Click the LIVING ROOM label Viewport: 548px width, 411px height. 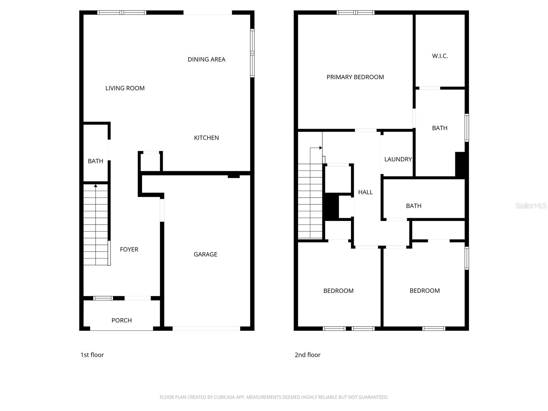point(125,88)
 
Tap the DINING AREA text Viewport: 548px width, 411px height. point(206,60)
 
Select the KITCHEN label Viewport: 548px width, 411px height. point(206,138)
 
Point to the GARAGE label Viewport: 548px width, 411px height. point(206,254)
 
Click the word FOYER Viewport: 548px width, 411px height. point(129,249)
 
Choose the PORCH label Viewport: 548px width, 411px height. point(122,320)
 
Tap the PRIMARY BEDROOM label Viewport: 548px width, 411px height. point(355,77)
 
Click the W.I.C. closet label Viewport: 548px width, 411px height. point(440,56)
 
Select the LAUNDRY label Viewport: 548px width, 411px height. point(398,159)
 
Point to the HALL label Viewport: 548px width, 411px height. point(365,192)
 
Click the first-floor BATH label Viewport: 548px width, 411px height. point(96,161)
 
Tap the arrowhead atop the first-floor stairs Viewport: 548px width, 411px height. point(96,186)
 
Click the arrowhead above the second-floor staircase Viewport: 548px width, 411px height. point(321,148)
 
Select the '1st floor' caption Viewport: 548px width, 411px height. point(92,355)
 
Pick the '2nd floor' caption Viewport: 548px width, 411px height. point(308,355)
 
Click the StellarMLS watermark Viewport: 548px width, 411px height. point(531,206)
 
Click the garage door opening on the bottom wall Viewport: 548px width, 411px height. point(206,328)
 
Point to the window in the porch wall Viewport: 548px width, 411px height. point(103,298)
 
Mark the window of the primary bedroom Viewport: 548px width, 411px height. point(355,13)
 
